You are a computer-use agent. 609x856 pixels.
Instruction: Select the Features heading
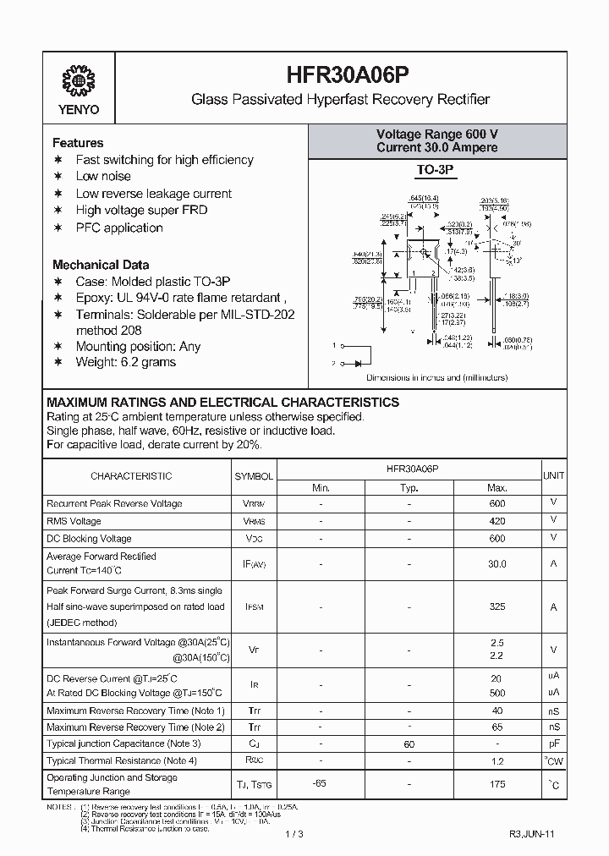(78, 143)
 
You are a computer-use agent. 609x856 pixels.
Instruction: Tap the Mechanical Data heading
(101, 264)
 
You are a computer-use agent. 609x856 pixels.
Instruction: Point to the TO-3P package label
(436, 171)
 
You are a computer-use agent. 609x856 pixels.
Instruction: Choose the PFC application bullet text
(119, 228)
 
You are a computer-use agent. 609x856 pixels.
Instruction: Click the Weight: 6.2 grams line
(126, 362)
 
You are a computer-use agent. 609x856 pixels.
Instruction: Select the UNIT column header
(554, 476)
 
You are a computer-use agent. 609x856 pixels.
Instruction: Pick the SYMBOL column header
(254, 476)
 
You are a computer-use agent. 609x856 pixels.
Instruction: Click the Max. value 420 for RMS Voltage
(497, 521)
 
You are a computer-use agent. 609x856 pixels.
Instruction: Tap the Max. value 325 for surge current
(497, 606)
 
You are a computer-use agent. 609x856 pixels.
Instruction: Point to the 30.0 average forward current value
(497, 564)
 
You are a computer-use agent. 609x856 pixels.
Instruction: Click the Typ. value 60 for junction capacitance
(409, 744)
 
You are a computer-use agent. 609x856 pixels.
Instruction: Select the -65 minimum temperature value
(321, 784)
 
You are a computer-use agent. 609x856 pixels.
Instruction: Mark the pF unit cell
(554, 744)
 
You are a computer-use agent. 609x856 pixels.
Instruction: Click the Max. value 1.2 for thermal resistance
(497, 761)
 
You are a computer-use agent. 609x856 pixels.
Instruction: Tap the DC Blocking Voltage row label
(89, 539)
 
